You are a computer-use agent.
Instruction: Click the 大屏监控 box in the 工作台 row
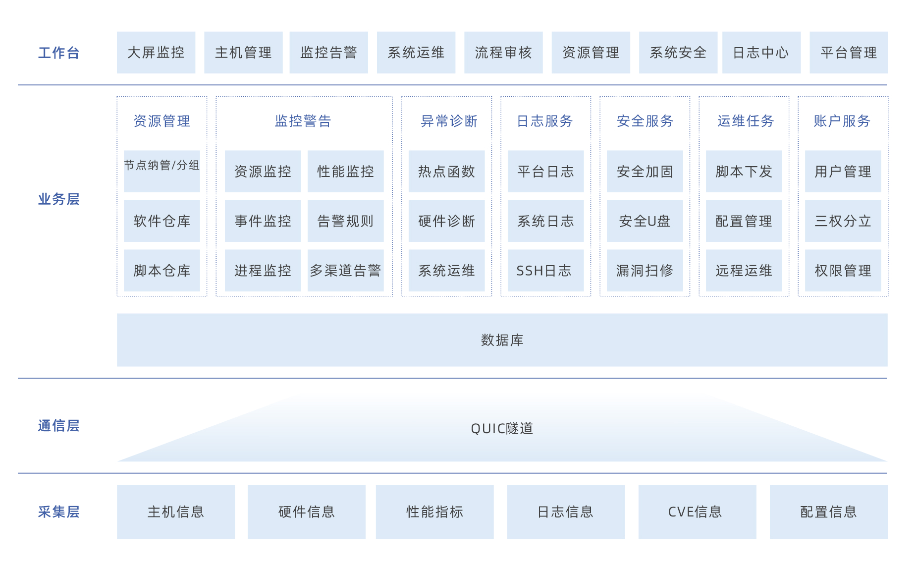[156, 53]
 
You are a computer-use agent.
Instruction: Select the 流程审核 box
[503, 53]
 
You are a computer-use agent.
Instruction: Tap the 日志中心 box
[761, 53]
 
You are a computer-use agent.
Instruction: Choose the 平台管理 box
[849, 53]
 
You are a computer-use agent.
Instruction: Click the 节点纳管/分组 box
[162, 171]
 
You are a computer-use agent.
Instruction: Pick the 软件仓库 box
[162, 221]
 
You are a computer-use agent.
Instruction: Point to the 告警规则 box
[346, 221]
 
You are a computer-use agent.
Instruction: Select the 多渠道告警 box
[346, 270]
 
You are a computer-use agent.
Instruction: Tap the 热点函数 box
[447, 171]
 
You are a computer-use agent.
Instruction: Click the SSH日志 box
[546, 270]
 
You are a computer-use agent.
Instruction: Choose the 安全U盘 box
[645, 221]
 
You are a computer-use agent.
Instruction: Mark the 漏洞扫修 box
[645, 270]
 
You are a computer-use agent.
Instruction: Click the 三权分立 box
[843, 221]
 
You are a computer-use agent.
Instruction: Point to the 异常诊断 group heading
[449, 121]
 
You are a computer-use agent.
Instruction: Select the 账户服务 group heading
[842, 121]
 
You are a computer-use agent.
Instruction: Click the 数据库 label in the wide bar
[502, 340]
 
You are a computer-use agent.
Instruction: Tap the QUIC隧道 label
[502, 428]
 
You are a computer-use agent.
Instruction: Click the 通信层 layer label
[58, 426]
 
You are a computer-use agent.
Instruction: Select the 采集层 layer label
[58, 512]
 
